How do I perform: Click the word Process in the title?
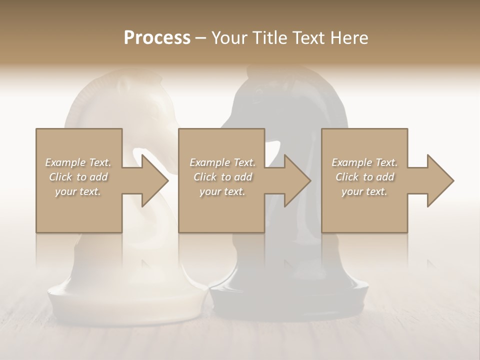click(x=157, y=38)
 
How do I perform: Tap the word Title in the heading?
click(x=268, y=38)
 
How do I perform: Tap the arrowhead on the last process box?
click(x=439, y=180)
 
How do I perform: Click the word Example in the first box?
click(x=65, y=162)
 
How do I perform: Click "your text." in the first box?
click(x=78, y=191)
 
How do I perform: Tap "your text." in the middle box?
click(x=222, y=191)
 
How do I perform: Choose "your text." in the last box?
click(x=364, y=191)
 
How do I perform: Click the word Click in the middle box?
click(x=205, y=177)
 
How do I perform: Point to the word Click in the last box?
click(x=347, y=177)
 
